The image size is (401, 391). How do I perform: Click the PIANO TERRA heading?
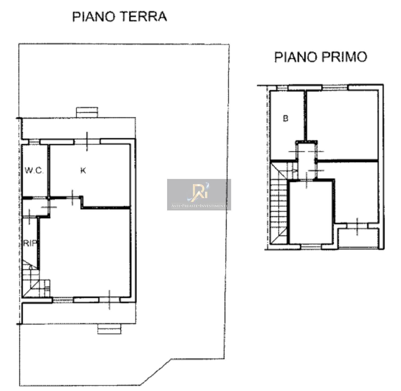click(120, 16)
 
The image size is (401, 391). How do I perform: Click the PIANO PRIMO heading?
click(321, 57)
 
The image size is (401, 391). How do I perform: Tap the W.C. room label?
click(34, 170)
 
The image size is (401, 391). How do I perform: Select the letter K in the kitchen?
click(83, 170)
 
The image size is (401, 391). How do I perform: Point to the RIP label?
click(29, 243)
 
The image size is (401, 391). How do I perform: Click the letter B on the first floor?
click(286, 118)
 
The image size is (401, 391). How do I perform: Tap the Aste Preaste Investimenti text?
click(199, 206)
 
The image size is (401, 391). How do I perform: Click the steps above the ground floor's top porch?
click(87, 112)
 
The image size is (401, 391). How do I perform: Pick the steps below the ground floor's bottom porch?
click(109, 329)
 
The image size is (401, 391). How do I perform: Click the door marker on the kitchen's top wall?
click(87, 142)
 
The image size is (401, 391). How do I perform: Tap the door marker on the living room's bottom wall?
click(109, 300)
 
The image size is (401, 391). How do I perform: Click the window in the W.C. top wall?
click(34, 142)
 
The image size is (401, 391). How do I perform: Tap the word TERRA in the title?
click(143, 16)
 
